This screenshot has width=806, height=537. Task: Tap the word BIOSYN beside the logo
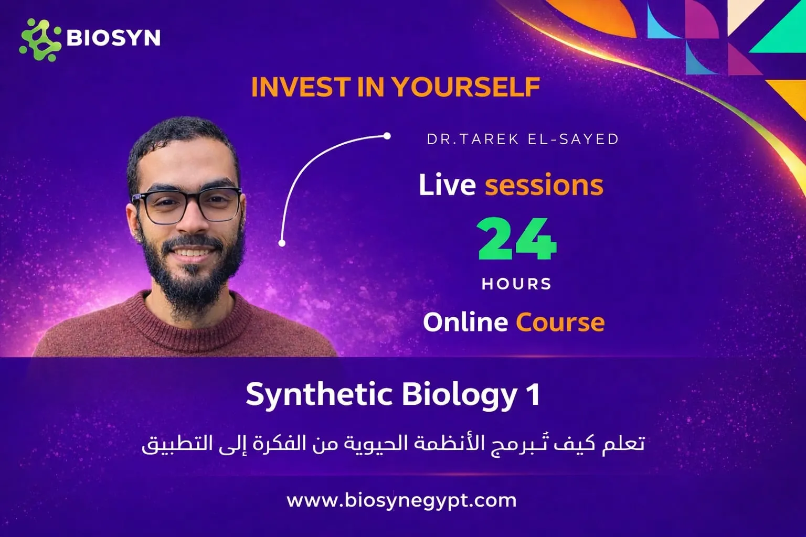click(113, 38)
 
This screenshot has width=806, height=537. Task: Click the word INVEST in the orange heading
click(301, 87)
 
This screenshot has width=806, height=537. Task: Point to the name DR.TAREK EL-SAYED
click(523, 139)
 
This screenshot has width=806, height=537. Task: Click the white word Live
click(447, 185)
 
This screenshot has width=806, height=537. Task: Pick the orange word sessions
click(544, 185)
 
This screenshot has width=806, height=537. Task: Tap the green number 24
click(517, 240)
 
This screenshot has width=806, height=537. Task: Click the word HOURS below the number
click(517, 284)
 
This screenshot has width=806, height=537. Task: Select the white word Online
click(465, 322)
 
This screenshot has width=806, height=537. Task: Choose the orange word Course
click(560, 322)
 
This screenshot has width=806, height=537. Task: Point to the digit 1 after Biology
click(533, 394)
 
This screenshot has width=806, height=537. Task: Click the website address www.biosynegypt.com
click(401, 500)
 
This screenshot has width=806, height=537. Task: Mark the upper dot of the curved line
click(387, 136)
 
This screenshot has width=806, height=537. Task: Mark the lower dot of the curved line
click(282, 243)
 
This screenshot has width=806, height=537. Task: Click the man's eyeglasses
click(187, 206)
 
